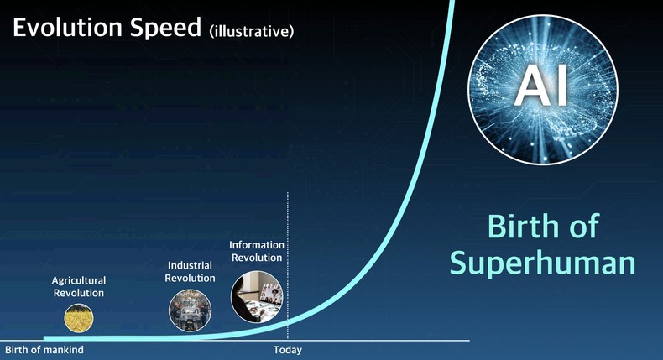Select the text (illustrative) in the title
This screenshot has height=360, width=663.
[251, 31]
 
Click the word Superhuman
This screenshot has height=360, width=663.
[542, 263]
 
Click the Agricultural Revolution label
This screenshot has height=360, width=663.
[78, 286]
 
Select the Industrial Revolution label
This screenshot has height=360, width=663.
[190, 271]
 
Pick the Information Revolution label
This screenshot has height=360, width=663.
[257, 251]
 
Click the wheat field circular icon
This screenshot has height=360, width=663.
[79, 317]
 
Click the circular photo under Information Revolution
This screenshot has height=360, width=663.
[256, 297]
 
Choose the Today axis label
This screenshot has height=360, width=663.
[287, 350]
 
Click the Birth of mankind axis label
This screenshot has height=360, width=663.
[44, 350]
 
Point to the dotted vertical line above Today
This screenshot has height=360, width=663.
[288, 252]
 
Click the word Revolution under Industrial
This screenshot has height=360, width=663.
[190, 278]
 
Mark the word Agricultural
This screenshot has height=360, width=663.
[78, 280]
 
